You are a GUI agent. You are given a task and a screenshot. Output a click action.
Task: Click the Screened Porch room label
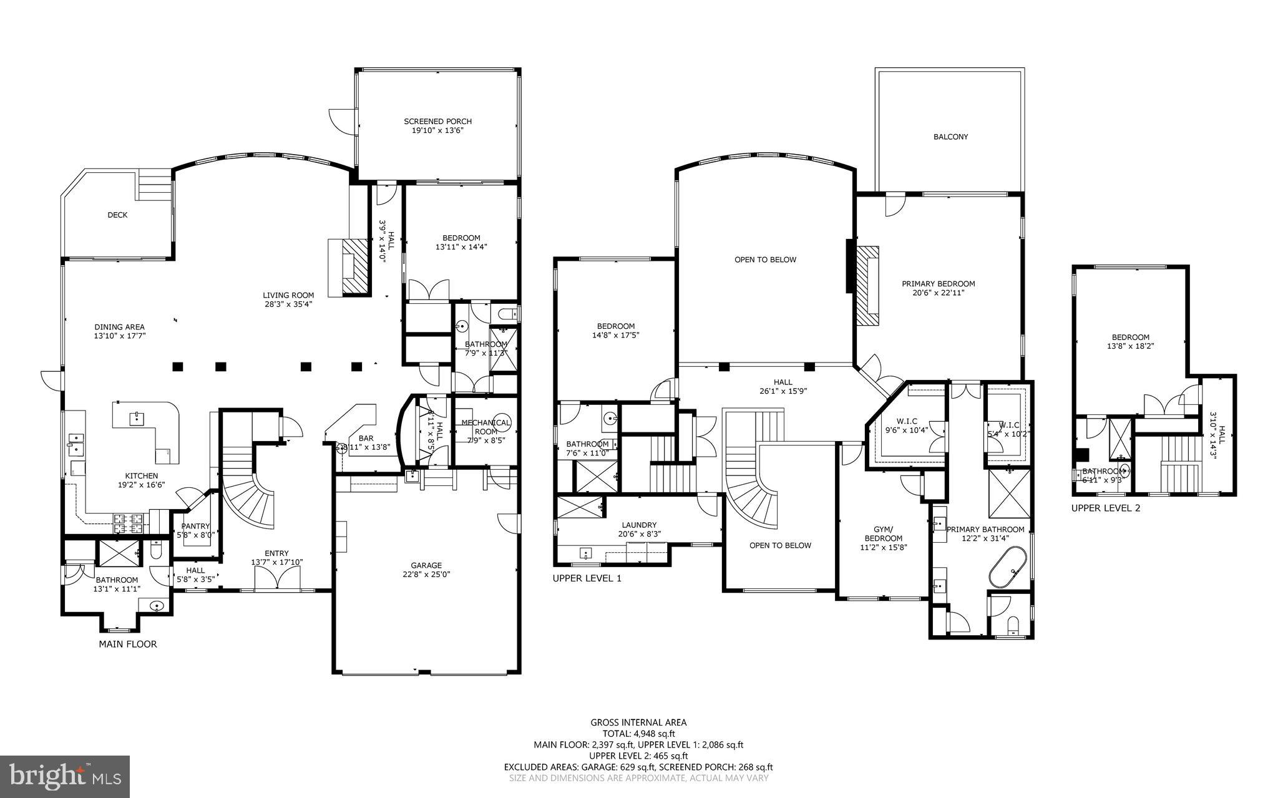[x=437, y=121]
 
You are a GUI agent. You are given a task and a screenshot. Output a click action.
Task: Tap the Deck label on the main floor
[x=117, y=215]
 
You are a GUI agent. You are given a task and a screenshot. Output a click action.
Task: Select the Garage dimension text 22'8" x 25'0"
[x=426, y=575]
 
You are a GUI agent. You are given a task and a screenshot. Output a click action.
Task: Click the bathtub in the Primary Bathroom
[x=1007, y=567]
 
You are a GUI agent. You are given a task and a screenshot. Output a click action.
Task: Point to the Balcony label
[x=950, y=137]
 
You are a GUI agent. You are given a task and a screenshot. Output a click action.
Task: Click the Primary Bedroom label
[x=938, y=284]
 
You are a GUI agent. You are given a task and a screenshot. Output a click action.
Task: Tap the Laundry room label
[x=639, y=525]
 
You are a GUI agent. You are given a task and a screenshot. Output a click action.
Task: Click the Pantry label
[x=195, y=526]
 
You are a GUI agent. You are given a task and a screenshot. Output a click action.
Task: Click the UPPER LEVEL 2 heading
[x=1105, y=508]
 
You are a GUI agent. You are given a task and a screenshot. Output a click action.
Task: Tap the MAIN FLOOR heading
[x=128, y=644]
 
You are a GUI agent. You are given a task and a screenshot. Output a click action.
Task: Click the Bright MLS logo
[x=65, y=776]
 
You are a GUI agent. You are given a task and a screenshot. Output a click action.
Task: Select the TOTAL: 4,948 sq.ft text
[x=638, y=734]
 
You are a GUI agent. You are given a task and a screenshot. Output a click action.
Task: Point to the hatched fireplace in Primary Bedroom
[x=867, y=285]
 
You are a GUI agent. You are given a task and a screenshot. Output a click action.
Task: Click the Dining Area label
[x=119, y=327]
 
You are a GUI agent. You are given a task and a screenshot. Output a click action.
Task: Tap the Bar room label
[x=366, y=438]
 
